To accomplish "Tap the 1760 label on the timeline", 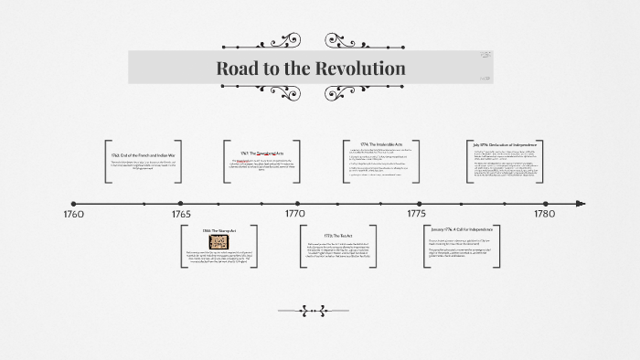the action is [x=73, y=214].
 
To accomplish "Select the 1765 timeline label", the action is [x=181, y=214].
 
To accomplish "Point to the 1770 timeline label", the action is [x=294, y=214].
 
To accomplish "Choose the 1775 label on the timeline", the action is [x=416, y=214].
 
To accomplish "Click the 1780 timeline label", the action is [x=544, y=214].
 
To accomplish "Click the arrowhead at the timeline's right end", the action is [x=581, y=204].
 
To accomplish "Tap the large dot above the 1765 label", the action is [x=180, y=204].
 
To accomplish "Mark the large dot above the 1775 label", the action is [x=420, y=204].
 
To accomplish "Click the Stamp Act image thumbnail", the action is [x=219, y=243].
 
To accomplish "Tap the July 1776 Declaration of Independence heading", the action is [x=506, y=144].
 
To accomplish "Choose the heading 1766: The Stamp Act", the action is [x=219, y=232].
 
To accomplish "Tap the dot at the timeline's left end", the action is [x=73, y=204].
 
